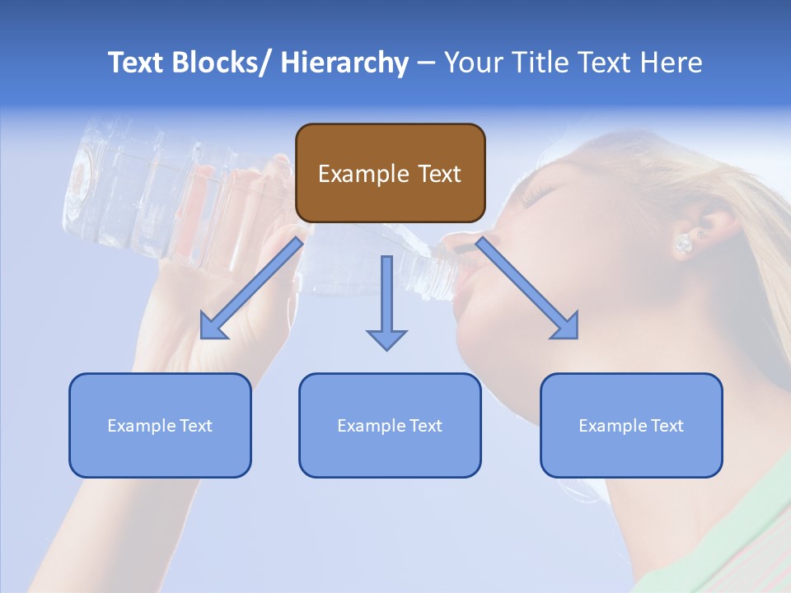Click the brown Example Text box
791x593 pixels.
click(390, 173)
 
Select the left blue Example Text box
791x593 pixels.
click(159, 425)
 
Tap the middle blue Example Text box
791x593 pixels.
click(389, 425)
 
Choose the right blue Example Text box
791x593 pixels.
click(631, 425)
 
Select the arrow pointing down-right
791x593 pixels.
click(527, 288)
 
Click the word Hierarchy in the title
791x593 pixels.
click(344, 63)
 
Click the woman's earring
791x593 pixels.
click(683, 244)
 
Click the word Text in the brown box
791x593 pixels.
click(436, 174)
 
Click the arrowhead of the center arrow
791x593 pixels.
click(386, 339)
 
